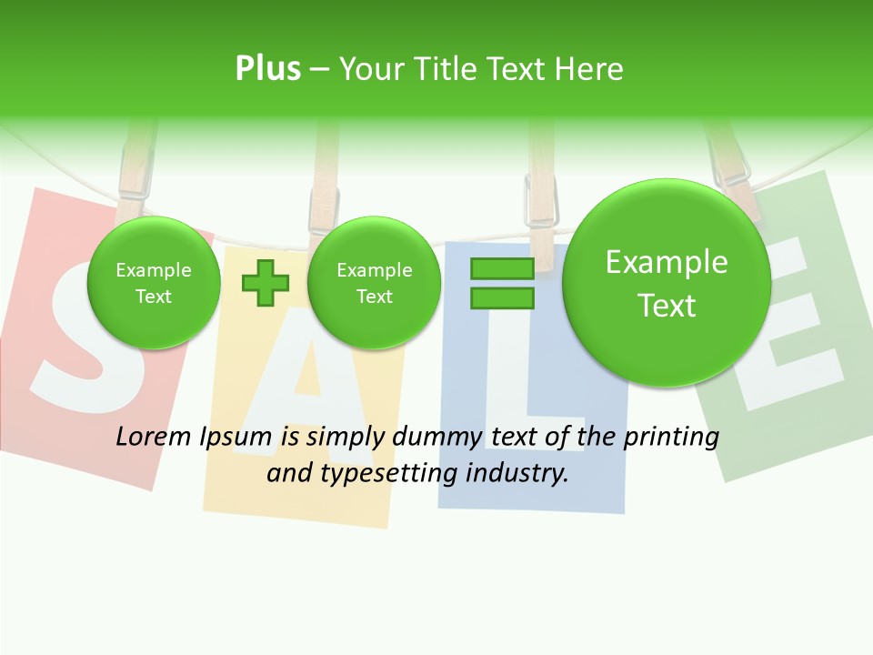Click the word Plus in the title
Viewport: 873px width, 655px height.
[267, 68]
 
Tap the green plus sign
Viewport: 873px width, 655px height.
[266, 283]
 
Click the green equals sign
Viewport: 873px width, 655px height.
[502, 283]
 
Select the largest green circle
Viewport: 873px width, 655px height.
[667, 283]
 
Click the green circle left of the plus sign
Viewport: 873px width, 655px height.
[153, 283]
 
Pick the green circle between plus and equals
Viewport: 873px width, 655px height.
[374, 283]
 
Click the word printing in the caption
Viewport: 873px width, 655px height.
[671, 437]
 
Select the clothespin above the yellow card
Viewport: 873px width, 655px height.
[324, 196]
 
